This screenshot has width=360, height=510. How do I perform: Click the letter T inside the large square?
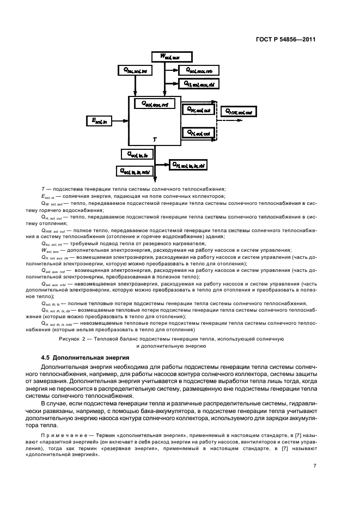155,139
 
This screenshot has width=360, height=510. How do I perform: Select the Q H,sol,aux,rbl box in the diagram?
199,83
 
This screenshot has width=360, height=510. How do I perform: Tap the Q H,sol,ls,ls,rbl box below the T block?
188,163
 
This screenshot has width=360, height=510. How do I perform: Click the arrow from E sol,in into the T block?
121,121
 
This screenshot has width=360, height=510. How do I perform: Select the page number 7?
315,465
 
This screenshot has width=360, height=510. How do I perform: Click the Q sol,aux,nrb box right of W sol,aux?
199,70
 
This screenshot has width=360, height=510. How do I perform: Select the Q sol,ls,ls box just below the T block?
138,155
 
